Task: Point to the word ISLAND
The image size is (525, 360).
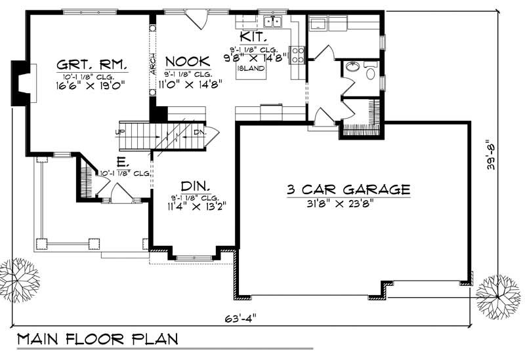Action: click(x=255, y=68)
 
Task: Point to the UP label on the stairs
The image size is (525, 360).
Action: click(x=119, y=132)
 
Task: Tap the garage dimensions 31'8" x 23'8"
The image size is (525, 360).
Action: click(x=348, y=203)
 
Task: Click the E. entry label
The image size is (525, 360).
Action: click(x=123, y=161)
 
